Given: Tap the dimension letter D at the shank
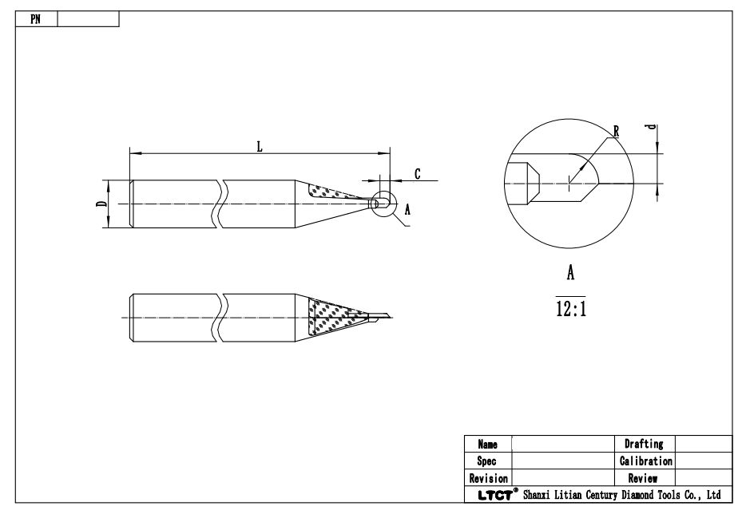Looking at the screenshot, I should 101,204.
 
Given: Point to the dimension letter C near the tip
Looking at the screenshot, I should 418,173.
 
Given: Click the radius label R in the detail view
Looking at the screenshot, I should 615,130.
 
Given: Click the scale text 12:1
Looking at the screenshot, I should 571,309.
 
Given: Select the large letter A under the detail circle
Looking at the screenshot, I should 571,273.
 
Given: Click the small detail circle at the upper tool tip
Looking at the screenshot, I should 383,204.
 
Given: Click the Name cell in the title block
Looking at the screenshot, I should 487,442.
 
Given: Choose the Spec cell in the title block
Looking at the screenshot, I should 487,461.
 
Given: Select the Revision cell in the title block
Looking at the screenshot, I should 487,478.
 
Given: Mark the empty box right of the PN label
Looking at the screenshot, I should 88,18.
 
